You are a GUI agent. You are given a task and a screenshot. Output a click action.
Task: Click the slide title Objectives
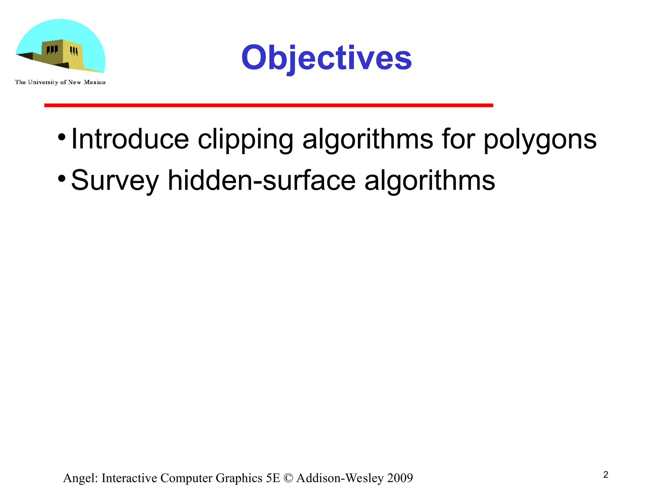[326, 58]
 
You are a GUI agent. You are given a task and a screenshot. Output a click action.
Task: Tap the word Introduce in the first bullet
[130, 139]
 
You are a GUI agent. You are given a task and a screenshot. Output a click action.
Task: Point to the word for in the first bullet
[458, 139]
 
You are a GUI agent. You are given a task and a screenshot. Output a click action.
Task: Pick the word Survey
[115, 181]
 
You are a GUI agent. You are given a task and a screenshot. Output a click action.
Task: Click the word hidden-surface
[262, 180]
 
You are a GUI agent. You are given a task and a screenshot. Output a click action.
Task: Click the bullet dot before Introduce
[62, 137]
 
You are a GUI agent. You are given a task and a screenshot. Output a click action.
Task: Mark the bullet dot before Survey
[62, 178]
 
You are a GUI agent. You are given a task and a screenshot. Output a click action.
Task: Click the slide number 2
[606, 475]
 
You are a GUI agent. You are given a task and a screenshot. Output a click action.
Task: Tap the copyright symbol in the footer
[288, 478]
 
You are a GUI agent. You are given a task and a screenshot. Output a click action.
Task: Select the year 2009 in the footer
[400, 478]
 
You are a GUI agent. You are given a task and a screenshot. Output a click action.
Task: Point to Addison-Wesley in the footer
[340, 478]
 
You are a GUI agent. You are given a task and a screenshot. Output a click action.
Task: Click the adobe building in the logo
[62, 54]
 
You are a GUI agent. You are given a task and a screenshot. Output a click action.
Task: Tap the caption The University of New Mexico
[60, 82]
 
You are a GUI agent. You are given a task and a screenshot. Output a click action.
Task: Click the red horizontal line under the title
[269, 105]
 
